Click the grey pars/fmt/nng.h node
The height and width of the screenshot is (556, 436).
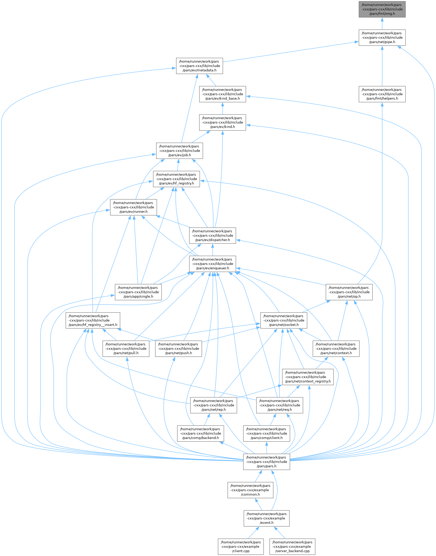(x=382, y=9)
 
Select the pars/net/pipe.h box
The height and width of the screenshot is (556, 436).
(x=382, y=38)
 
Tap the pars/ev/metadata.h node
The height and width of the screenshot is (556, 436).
(x=199, y=66)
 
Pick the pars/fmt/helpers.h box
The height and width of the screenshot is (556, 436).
(x=382, y=94)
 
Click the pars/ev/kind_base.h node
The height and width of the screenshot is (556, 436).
(x=222, y=94)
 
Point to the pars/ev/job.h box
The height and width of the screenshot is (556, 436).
(x=180, y=151)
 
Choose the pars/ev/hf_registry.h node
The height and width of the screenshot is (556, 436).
(x=176, y=179)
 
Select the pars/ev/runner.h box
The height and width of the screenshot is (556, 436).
(x=133, y=207)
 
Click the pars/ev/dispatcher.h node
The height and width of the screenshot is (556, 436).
(x=213, y=235)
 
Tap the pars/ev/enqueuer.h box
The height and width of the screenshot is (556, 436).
(x=213, y=264)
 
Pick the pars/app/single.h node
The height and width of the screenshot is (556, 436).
(x=138, y=292)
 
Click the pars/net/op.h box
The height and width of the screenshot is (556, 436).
(x=349, y=292)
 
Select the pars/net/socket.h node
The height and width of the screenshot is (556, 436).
(x=284, y=320)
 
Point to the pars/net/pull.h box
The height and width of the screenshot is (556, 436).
(x=126, y=349)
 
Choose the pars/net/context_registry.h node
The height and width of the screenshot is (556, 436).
(x=308, y=377)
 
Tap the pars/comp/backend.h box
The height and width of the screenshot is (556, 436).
(x=200, y=434)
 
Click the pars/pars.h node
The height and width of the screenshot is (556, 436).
(x=267, y=462)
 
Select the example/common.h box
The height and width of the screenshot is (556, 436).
(x=250, y=490)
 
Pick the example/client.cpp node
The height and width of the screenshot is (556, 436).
(x=241, y=547)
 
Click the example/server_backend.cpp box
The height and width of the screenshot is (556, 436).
(x=292, y=547)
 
